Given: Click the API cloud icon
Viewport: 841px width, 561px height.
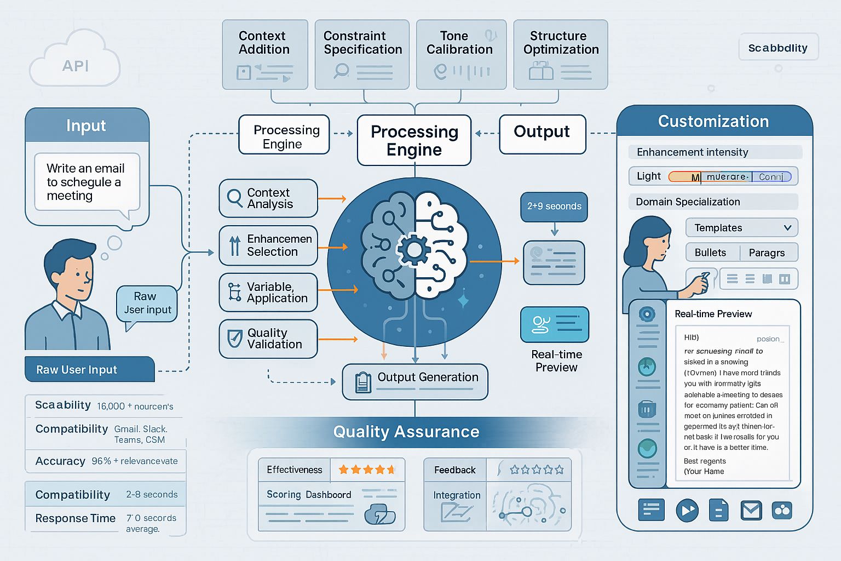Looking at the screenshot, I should tap(75, 61).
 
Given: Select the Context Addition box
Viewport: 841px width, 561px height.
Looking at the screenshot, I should tap(265, 54).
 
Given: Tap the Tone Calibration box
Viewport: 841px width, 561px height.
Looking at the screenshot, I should tap(459, 54).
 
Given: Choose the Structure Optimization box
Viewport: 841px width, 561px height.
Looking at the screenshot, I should tap(561, 54).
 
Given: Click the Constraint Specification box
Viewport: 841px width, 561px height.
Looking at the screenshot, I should tap(362, 54).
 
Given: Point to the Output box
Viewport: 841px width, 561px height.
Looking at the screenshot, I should tap(542, 134).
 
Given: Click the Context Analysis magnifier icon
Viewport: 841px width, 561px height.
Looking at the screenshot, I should tap(234, 198).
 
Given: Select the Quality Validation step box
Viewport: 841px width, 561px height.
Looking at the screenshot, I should tap(268, 339).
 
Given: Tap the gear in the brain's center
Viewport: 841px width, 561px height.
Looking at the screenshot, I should tap(414, 250).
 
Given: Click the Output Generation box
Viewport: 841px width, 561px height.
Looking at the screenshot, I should tap(415, 381).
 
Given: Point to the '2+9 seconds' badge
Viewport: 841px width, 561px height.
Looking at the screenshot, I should tap(554, 207).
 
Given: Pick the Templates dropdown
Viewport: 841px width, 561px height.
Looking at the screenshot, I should tap(741, 228).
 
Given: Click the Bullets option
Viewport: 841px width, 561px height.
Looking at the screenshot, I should tap(711, 253).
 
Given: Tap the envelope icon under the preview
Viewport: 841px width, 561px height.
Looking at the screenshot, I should tap(751, 511).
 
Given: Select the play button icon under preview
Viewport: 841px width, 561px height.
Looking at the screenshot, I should tap(687, 511).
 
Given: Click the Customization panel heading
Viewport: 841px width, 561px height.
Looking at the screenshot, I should tap(713, 122).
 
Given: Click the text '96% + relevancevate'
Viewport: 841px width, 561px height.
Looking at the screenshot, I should tap(135, 461).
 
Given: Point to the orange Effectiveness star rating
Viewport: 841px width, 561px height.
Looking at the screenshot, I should tap(367, 470).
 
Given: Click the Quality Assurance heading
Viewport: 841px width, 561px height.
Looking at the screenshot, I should tap(406, 432).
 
